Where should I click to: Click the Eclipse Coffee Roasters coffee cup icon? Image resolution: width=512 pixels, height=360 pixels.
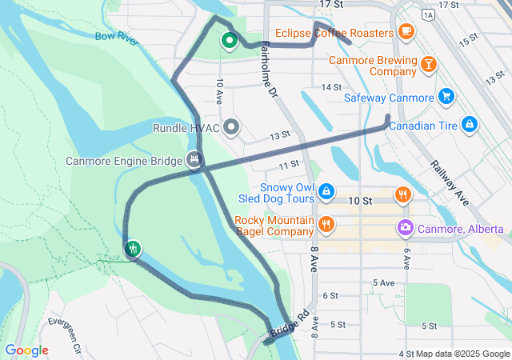pos(406,32)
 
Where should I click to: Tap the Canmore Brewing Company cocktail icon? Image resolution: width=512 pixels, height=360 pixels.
pos(429,64)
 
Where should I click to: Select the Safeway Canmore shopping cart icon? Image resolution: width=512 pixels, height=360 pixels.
pos(446,98)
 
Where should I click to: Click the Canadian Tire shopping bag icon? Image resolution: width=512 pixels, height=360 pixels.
pos(470,124)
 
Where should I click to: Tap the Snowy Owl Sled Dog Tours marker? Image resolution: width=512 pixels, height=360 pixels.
pos(326,191)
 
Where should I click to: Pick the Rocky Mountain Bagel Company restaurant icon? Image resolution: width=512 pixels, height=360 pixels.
pos(326,224)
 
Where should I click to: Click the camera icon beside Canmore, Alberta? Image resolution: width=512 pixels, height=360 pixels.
pos(406,229)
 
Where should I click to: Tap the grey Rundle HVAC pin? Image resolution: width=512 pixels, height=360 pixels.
pos(232,127)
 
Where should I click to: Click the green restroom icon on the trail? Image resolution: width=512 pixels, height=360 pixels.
pos(133,249)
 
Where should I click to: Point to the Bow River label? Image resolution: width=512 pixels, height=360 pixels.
pos(117,37)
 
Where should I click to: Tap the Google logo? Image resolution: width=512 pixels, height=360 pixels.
pos(26,350)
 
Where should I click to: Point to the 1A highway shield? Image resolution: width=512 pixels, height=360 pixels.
pos(429,14)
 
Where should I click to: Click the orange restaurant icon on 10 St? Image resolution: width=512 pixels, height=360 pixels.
pos(403,194)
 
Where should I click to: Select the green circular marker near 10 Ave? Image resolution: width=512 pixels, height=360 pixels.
pos(230,40)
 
